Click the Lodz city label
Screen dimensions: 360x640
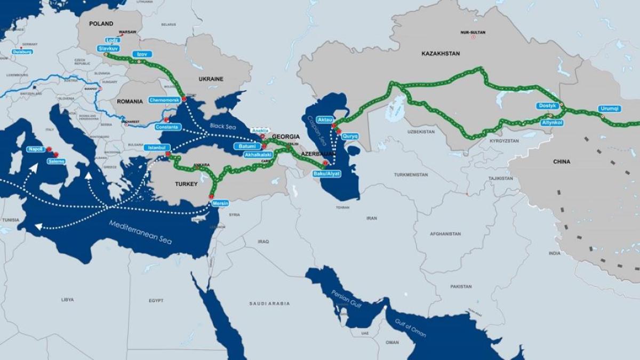tap(113, 40)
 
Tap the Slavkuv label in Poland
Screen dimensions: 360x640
tap(108, 48)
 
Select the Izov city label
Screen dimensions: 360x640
tap(142, 54)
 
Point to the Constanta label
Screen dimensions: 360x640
tap(168, 127)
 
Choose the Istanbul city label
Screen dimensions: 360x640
tap(157, 147)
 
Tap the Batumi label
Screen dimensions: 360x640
tap(247, 146)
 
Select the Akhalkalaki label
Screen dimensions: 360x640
tap(258, 155)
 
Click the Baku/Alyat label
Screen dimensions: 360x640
tap(326, 173)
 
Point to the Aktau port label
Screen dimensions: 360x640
tap(325, 119)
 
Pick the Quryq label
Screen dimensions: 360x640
tap(350, 136)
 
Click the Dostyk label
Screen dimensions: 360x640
tap(548, 106)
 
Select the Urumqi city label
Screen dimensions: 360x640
tap(610, 108)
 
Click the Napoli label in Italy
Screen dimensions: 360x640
tap(35, 149)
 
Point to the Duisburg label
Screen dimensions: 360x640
tap(22, 52)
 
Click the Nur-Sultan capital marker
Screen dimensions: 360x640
tap(473, 37)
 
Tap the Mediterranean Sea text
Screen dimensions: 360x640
tap(141, 232)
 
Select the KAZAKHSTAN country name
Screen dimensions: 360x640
tap(440, 54)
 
